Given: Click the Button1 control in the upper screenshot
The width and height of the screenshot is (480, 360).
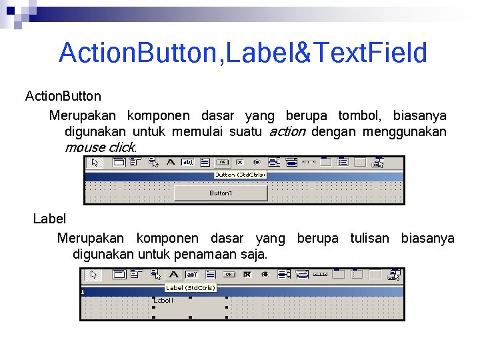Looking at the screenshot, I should point(221,193).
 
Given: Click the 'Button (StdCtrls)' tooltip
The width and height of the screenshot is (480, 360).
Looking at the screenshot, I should point(240,175).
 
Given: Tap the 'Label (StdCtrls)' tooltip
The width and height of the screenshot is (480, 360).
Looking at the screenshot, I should point(190,288).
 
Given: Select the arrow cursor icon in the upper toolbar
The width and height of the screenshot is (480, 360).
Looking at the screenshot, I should point(95,162).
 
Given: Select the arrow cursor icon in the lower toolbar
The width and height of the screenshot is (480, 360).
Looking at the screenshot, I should point(94,274).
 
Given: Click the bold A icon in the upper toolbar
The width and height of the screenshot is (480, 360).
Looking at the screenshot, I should point(171,162).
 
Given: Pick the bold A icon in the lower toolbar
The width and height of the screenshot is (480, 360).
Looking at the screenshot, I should point(173,274).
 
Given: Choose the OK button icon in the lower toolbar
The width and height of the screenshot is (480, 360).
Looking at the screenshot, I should point(229,274).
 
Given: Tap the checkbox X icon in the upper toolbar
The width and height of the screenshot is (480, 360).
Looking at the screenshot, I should point(239,162).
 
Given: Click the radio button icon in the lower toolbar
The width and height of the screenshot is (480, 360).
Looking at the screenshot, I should point(265,274).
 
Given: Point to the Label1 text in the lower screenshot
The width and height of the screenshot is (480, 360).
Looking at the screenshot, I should point(164,301).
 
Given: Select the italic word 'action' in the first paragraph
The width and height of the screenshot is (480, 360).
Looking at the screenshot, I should point(287,132).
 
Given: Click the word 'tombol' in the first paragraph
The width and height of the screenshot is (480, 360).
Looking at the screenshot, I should point(359,115).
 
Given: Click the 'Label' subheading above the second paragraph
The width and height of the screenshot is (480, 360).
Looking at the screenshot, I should point(50,219).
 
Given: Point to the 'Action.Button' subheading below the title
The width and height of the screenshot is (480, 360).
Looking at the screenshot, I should point(63,97).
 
